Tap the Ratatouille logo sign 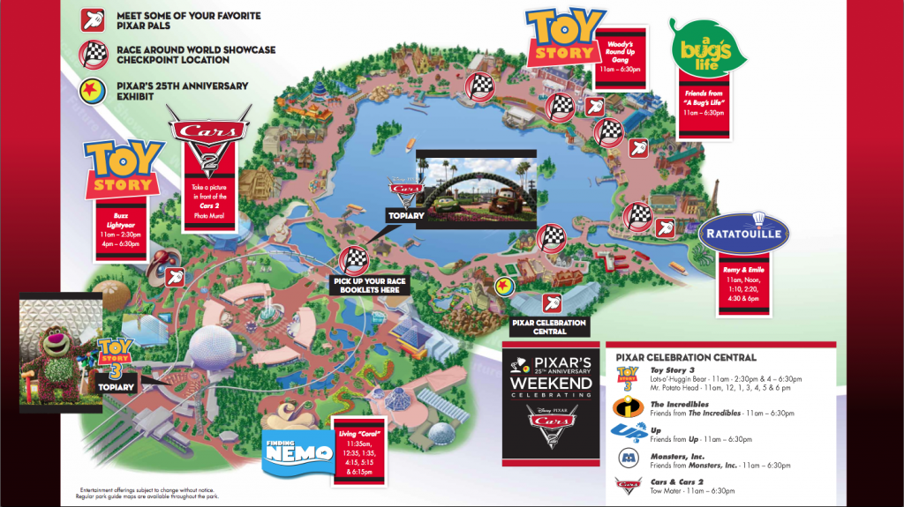click(x=742, y=233)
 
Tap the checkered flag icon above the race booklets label click(x=354, y=260)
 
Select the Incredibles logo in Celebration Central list click(x=626, y=406)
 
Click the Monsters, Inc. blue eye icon click(x=626, y=458)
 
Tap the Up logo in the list click(x=626, y=432)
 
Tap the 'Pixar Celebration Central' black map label click(x=548, y=327)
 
